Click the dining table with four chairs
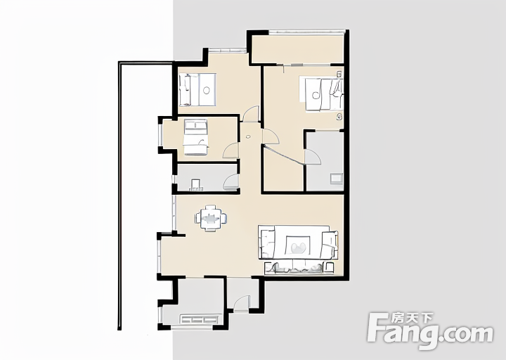(211, 218)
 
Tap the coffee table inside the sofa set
(298, 245)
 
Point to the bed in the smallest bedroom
(195, 137)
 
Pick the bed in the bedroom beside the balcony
(197, 90)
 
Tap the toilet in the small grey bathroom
(196, 185)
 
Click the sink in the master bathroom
(336, 179)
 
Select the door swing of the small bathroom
(231, 182)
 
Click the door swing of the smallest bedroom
(231, 151)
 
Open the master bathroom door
(313, 157)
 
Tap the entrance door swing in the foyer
(241, 304)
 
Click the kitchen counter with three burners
(198, 319)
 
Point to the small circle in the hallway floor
(248, 136)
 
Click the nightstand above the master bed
(339, 75)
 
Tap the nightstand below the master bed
(339, 117)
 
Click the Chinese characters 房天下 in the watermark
(412, 319)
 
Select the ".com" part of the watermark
(467, 334)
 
